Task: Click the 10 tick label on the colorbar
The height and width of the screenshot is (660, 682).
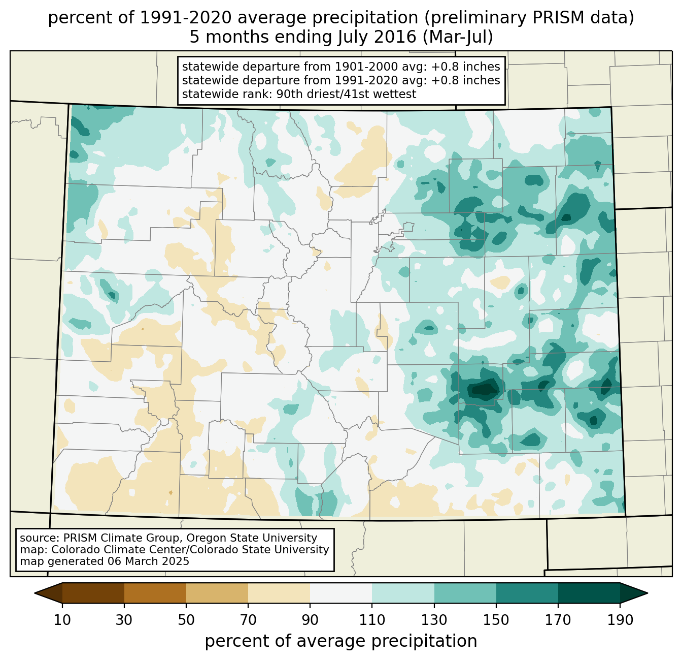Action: tap(62, 620)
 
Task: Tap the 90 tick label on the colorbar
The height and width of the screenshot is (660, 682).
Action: tap(310, 620)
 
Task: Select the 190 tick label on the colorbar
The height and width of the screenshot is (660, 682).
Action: tap(620, 620)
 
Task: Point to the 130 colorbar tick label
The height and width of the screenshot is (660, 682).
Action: tap(434, 620)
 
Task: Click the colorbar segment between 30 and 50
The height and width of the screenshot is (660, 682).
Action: tap(155, 593)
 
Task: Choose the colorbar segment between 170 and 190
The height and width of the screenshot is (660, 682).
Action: tap(589, 593)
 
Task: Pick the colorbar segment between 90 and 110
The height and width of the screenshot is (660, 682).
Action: tap(341, 593)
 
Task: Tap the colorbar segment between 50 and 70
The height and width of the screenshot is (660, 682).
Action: tap(217, 593)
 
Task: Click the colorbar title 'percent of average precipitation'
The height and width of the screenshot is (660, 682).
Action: tap(341, 641)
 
